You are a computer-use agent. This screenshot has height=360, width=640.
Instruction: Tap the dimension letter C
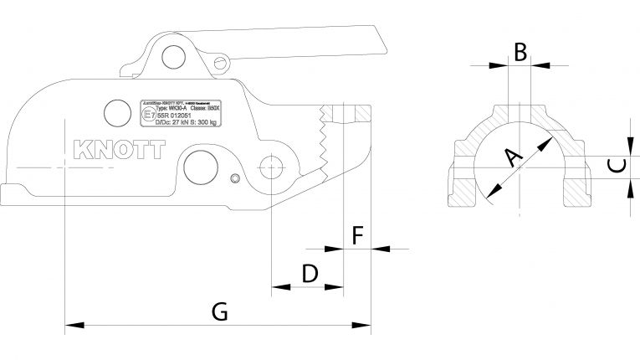click(x=615, y=165)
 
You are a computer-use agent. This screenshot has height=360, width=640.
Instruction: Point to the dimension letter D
click(x=309, y=273)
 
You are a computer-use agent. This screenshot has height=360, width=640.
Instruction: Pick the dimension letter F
click(x=357, y=235)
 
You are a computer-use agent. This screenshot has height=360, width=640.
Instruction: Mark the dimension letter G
click(x=220, y=311)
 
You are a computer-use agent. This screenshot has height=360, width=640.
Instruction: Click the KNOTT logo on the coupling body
click(x=121, y=149)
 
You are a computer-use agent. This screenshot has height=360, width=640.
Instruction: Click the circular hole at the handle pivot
click(x=174, y=55)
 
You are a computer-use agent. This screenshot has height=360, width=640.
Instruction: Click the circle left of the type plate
click(x=113, y=111)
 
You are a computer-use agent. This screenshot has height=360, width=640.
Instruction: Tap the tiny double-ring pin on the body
click(x=238, y=177)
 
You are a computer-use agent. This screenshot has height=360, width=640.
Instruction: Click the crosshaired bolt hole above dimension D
click(x=272, y=165)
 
